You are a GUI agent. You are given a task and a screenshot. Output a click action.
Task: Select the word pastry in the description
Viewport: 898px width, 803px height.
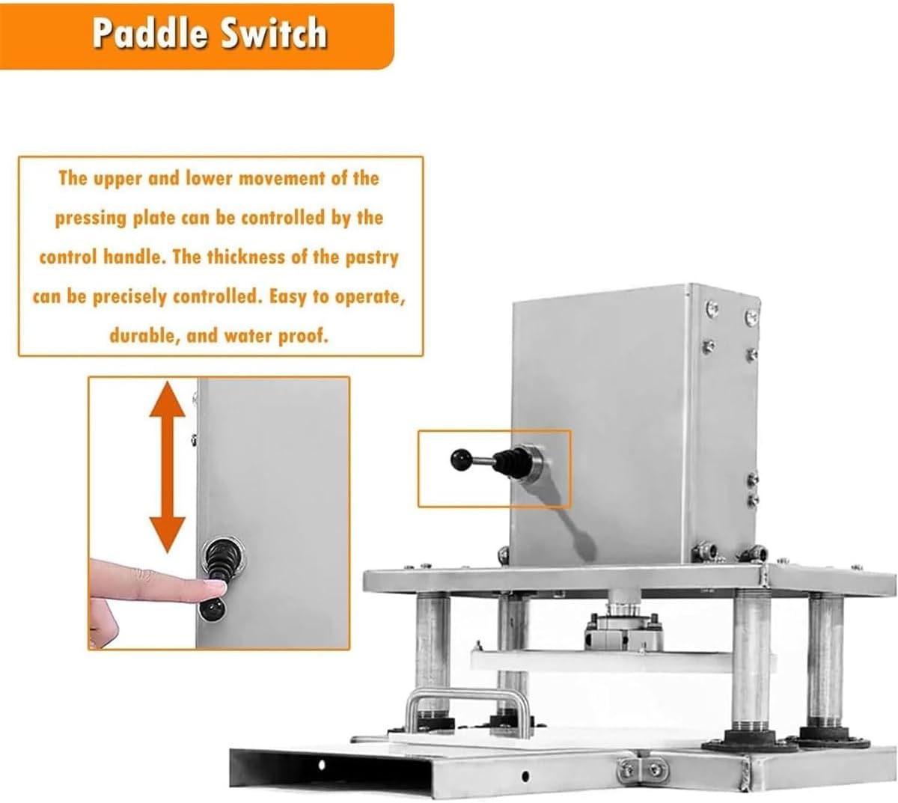point(371,257)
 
